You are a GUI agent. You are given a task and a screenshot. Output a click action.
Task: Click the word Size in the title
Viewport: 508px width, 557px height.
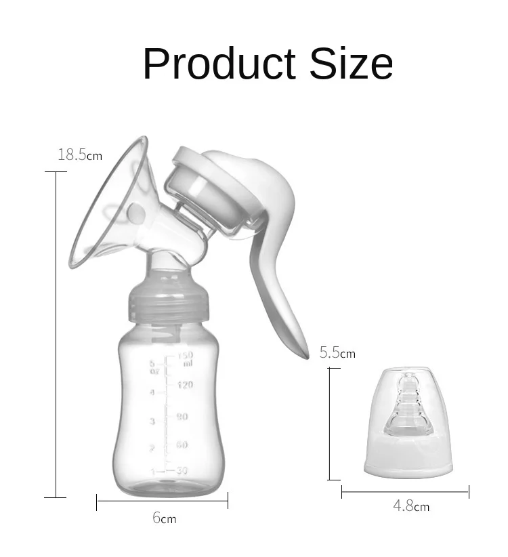(352, 64)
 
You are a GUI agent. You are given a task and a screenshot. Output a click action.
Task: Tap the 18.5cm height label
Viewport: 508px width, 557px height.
(79, 155)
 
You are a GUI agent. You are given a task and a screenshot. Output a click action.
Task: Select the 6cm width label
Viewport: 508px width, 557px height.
(164, 518)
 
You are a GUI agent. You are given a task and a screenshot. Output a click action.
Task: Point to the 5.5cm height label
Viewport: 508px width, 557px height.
(337, 353)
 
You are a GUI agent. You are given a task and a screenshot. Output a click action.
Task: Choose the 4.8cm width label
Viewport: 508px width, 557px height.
(411, 506)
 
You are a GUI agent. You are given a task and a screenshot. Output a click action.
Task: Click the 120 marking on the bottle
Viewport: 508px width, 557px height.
(186, 385)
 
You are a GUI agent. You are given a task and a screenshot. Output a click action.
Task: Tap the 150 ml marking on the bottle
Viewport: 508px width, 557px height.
(186, 358)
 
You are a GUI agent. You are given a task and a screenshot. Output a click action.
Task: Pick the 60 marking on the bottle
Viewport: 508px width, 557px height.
(182, 445)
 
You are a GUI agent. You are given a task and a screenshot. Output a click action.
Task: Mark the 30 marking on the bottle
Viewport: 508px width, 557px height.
(181, 471)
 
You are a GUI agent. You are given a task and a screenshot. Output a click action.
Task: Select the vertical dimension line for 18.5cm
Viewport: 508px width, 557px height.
(56, 332)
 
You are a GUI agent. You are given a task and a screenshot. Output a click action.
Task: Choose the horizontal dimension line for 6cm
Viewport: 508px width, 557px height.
(163, 501)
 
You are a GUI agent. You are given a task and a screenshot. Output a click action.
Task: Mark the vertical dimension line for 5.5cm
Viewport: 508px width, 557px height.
(331, 424)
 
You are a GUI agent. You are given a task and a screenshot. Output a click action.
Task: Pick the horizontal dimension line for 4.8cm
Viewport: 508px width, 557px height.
(405, 492)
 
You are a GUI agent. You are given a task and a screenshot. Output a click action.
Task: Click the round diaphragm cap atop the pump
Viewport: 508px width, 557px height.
(203, 186)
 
